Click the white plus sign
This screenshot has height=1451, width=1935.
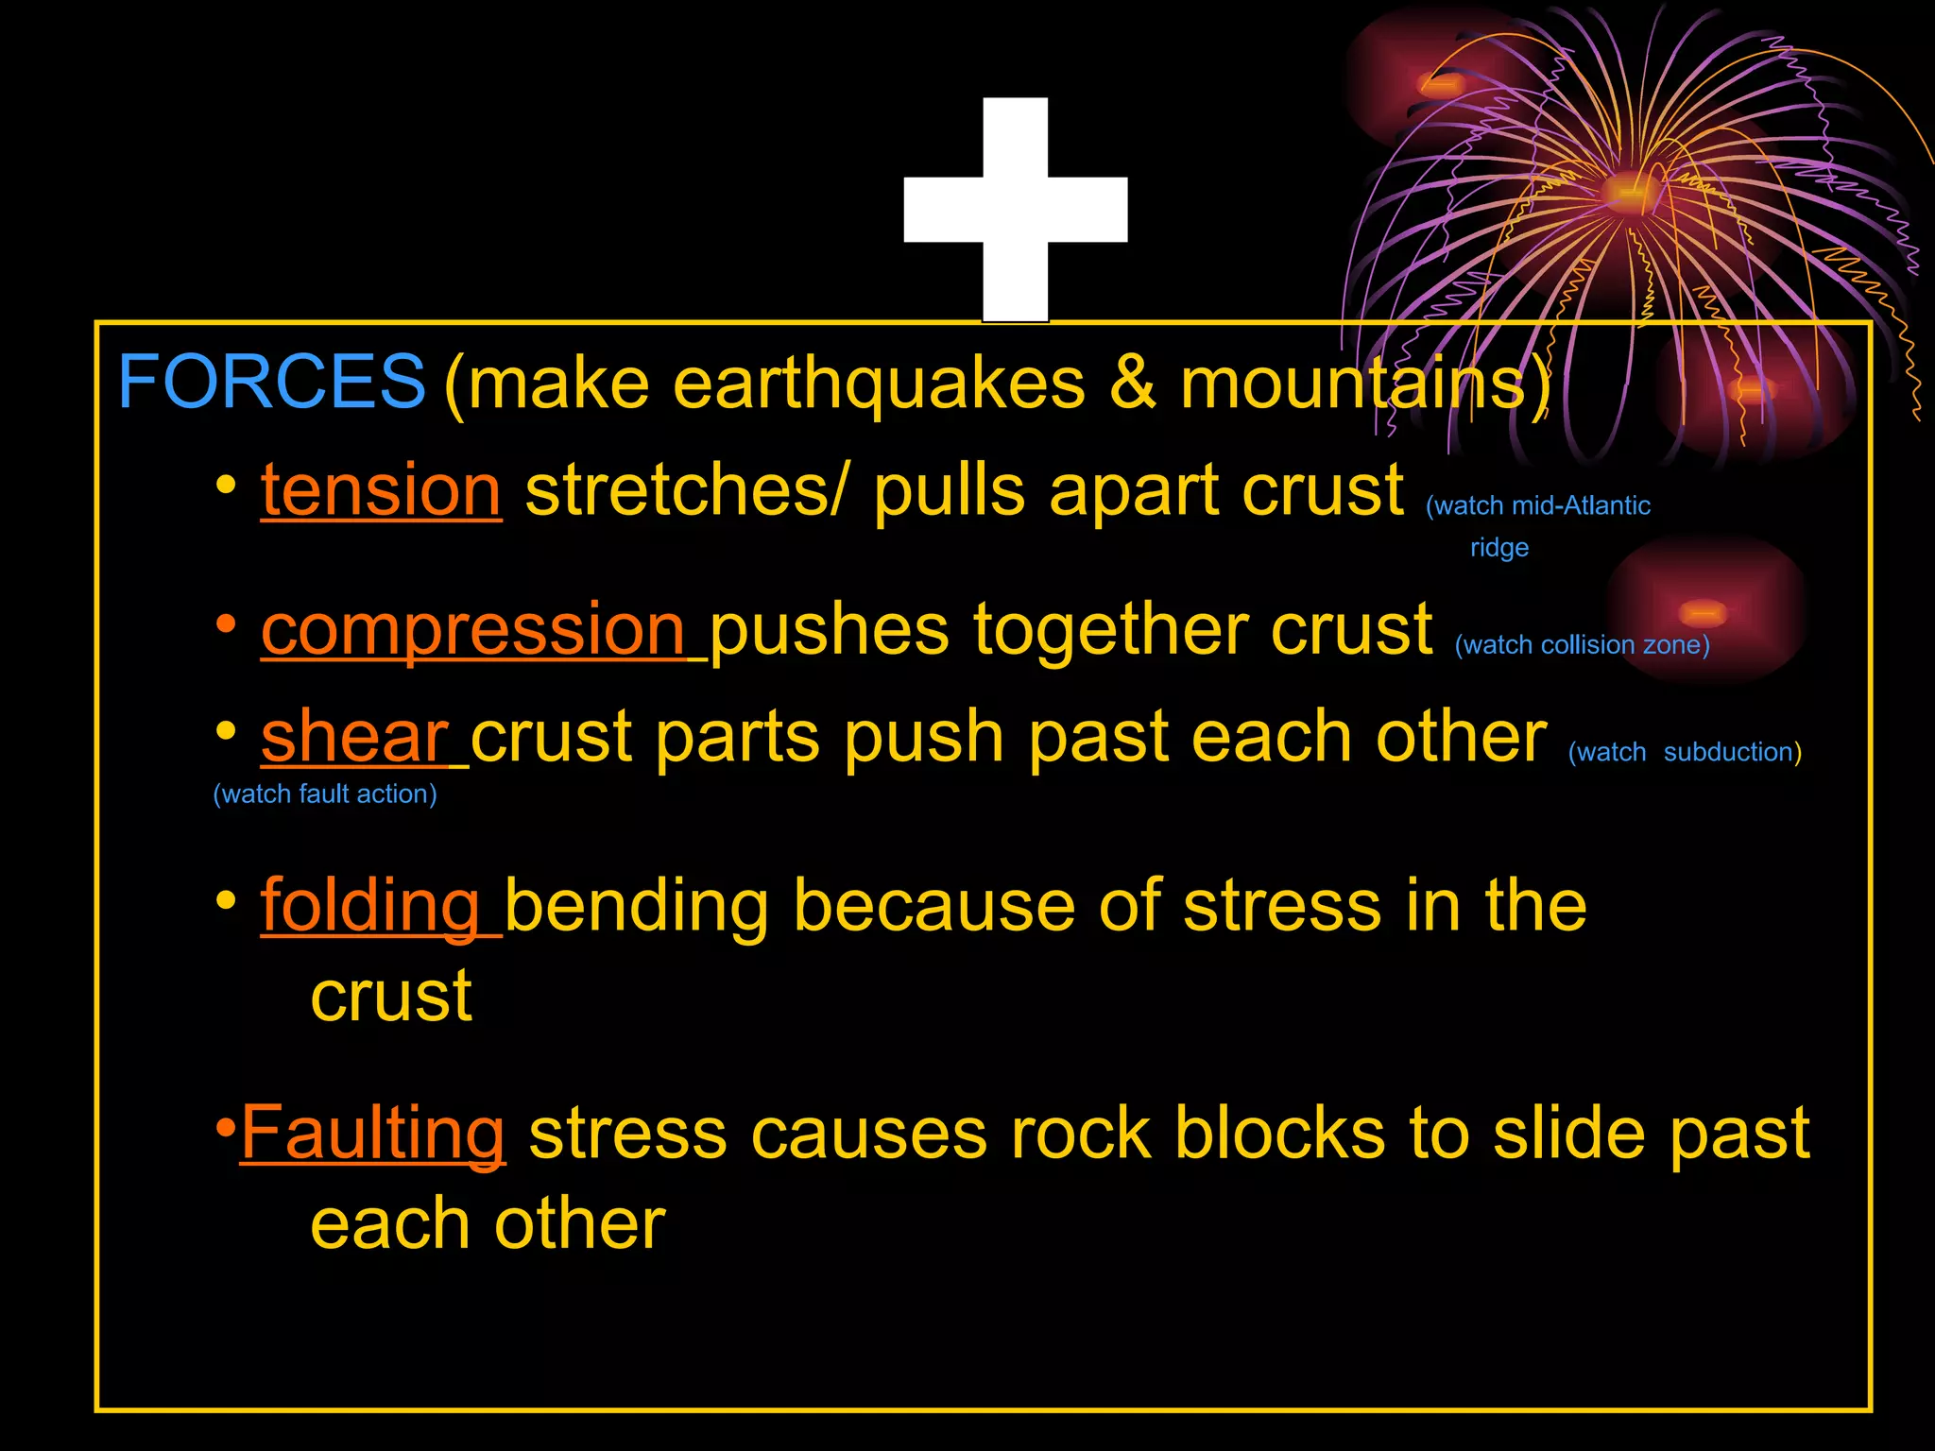(1016, 210)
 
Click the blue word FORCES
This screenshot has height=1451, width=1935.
(271, 382)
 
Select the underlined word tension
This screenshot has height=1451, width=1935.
(381, 490)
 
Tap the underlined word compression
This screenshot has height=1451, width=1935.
(472, 629)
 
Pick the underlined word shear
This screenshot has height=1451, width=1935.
(354, 737)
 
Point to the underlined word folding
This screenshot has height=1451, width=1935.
(370, 906)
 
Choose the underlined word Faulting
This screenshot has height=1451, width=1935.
(373, 1133)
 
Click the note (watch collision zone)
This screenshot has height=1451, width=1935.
(1582, 645)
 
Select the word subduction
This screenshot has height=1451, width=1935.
(1728, 752)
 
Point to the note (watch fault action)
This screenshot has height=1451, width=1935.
(325, 794)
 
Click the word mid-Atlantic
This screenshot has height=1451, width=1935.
(1581, 506)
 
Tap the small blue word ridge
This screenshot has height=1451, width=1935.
(1499, 548)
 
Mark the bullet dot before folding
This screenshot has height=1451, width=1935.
(226, 900)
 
